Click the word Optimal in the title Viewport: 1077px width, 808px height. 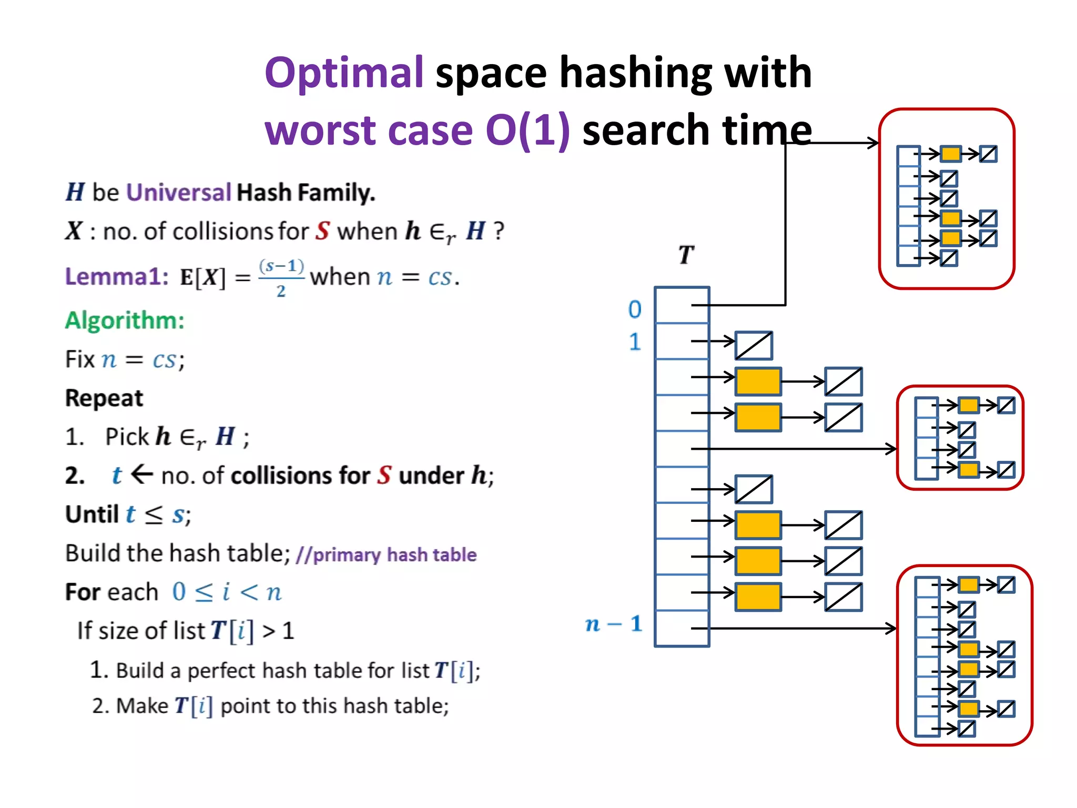click(344, 73)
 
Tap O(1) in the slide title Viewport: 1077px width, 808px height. click(527, 130)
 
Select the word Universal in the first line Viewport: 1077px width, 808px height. click(179, 192)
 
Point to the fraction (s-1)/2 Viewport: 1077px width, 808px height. click(281, 277)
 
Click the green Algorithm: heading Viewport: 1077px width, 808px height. click(125, 320)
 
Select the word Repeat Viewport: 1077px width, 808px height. click(104, 398)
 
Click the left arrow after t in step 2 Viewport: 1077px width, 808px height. click(141, 474)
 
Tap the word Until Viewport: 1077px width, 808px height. click(92, 514)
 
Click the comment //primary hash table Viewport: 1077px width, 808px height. click(386, 554)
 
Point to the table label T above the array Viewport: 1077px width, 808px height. click(686, 255)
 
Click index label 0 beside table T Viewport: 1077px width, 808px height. click(635, 309)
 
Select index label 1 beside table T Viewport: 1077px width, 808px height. click(635, 342)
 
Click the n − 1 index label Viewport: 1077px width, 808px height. click(614, 624)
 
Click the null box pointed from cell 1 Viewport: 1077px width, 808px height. click(754, 346)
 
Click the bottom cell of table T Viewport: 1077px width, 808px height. click(682, 628)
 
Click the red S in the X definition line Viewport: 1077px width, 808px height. click(322, 231)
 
